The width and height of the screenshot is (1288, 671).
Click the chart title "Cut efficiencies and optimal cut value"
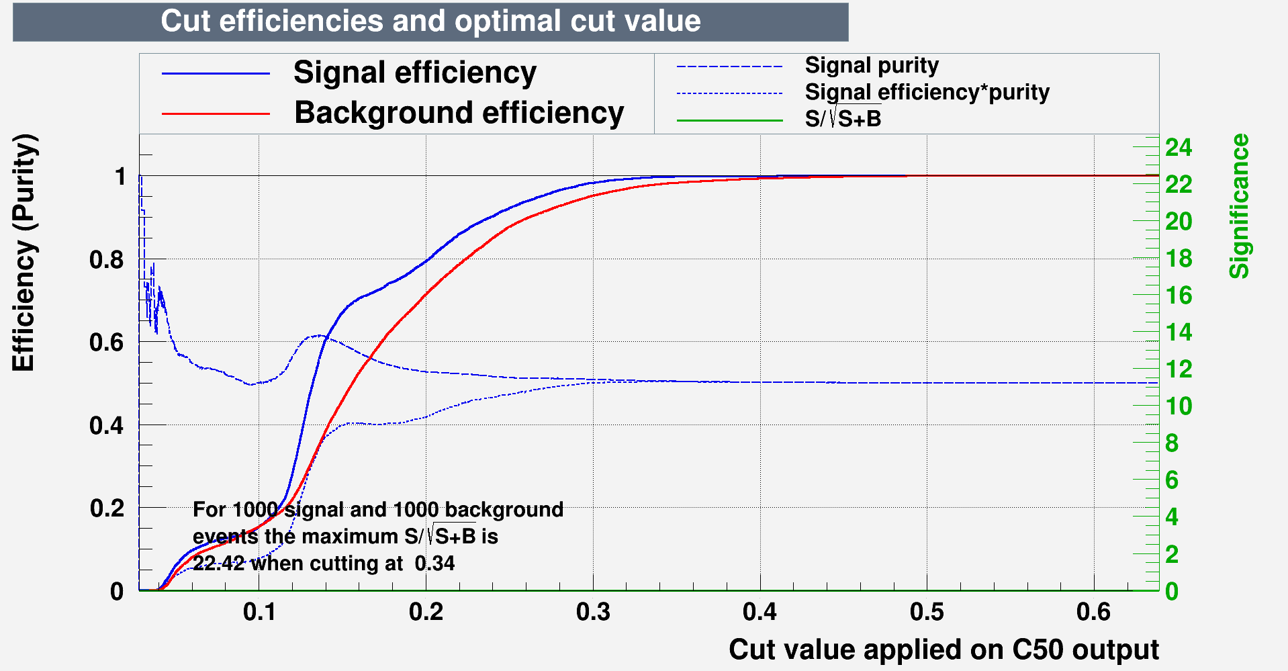click(x=430, y=21)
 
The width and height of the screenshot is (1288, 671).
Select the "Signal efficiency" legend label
click(x=414, y=73)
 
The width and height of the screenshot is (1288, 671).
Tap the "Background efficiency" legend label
click(x=459, y=113)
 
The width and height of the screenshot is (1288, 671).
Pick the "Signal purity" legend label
click(x=871, y=66)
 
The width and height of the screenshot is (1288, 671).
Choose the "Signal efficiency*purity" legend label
click(x=927, y=92)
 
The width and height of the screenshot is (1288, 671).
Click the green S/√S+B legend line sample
click(x=729, y=121)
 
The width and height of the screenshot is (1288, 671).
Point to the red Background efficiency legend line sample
click(x=215, y=114)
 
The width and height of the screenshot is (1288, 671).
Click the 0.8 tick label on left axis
click(x=107, y=259)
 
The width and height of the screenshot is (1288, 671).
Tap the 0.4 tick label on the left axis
click(x=107, y=425)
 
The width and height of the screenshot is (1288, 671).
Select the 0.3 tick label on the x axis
click(x=593, y=613)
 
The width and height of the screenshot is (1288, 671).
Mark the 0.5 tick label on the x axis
click(x=927, y=613)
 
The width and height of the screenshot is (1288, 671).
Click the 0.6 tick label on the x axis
click(x=1093, y=613)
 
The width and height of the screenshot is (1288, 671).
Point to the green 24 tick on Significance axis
click(x=1179, y=147)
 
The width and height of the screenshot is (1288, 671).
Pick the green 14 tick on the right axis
click(x=1179, y=332)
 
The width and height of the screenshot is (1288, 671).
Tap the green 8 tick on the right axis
click(x=1172, y=443)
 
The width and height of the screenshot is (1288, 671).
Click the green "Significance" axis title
click(x=1239, y=206)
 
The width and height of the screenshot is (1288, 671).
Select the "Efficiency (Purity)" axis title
click(x=24, y=253)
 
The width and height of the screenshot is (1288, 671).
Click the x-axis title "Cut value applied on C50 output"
click(x=944, y=650)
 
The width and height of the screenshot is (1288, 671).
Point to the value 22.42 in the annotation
click(x=218, y=563)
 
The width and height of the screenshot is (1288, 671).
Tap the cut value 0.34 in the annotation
click(x=434, y=563)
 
